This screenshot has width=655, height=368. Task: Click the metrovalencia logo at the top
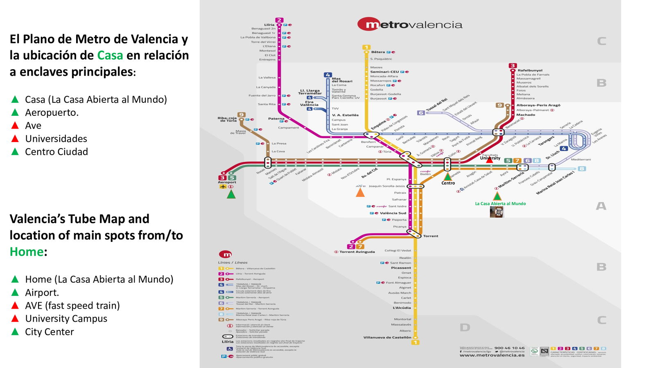[x=410, y=25]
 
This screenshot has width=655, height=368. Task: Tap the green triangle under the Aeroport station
[x=231, y=194]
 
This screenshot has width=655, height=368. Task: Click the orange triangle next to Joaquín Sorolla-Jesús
[x=360, y=192]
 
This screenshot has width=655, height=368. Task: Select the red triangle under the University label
[x=489, y=160]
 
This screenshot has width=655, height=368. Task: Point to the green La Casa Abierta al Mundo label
[x=500, y=203]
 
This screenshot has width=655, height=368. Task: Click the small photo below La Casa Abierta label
[x=496, y=212]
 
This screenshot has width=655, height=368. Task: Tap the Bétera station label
[x=378, y=52]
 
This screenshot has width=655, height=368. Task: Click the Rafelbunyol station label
[x=530, y=70]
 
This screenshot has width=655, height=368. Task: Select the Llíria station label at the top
[x=269, y=25]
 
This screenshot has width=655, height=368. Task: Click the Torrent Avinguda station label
[x=357, y=252]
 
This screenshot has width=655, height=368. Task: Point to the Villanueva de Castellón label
[x=387, y=337]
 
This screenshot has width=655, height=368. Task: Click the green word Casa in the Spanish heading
[x=110, y=55]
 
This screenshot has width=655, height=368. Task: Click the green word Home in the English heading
[x=27, y=252]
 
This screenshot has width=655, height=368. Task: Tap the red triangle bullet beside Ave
[x=15, y=125]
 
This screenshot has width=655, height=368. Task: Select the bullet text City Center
[x=50, y=332]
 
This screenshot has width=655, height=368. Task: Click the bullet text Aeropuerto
[x=52, y=113]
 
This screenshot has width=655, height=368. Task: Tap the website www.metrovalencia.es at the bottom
[x=492, y=355]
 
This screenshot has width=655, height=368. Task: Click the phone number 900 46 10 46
[x=509, y=348]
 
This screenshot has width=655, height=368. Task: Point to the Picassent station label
[x=401, y=268]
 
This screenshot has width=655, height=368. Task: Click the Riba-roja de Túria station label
[x=227, y=119]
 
